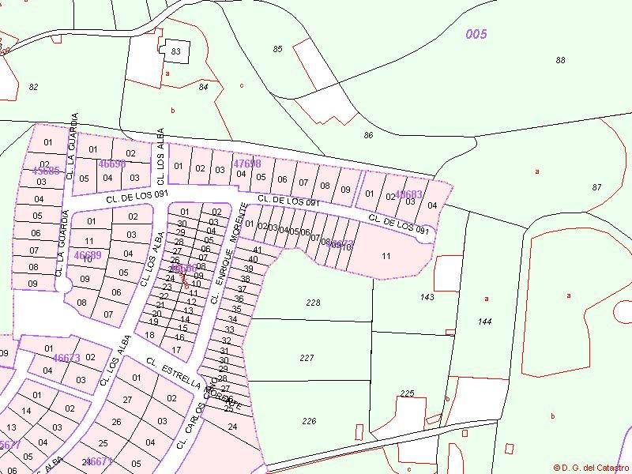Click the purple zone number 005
coord(476,34)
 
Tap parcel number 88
coord(561,61)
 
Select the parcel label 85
coord(277,50)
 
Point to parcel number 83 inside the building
coord(175,52)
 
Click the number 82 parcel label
coord(33,87)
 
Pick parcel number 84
coord(204,87)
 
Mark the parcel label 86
coord(368,136)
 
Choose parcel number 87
coord(596,187)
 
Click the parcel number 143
coord(427,297)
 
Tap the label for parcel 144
coord(485,322)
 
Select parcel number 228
coord(313,303)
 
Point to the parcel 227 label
coord(307,358)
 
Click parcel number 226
coord(309,421)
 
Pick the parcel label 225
coord(407,393)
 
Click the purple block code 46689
coord(87,256)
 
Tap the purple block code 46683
coord(408,194)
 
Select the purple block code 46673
coord(66,358)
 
